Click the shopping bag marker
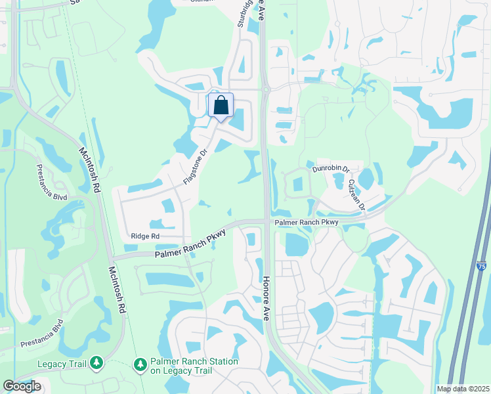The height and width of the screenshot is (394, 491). click(221, 105)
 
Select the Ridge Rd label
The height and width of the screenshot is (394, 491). click(145, 236)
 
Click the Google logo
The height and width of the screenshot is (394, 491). click(22, 386)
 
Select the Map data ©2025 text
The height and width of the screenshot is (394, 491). click(462, 389)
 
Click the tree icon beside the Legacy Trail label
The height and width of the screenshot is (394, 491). click(96, 362)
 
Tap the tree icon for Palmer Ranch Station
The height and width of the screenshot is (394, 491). click(140, 364)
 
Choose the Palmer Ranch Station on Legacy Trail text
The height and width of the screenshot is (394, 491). click(194, 366)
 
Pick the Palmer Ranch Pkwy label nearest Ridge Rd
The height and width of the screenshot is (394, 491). click(190, 244)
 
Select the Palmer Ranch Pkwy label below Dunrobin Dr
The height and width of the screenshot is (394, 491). click(306, 223)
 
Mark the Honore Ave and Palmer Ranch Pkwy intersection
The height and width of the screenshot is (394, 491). click(267, 222)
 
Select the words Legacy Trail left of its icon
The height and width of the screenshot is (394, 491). click(62, 363)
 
